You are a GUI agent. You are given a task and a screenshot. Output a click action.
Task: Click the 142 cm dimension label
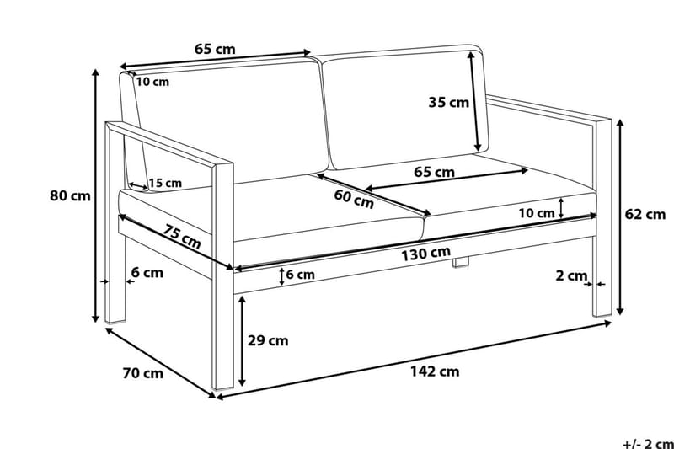pos(436,371)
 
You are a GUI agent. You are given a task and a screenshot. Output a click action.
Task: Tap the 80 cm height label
pos(70,196)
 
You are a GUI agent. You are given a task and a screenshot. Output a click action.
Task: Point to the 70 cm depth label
pos(142,372)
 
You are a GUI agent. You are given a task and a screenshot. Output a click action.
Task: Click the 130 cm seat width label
pos(425,253)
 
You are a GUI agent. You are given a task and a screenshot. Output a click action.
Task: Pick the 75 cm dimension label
pos(183,238)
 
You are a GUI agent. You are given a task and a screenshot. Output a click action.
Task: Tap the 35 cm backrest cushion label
pos(448,103)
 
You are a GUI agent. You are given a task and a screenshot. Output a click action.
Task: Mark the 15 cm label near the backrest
pos(166,183)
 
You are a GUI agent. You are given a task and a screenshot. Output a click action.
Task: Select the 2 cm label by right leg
pos(571,275)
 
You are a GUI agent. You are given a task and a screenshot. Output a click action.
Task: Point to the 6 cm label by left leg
pos(147,273)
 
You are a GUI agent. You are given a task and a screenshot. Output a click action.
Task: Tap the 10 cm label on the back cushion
pos(152,82)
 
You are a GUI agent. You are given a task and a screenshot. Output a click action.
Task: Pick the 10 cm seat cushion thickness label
pos(536,214)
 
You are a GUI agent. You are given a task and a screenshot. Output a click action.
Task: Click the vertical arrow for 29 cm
pos(242,340)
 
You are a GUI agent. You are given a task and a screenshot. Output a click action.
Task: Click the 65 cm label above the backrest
pos(215,48)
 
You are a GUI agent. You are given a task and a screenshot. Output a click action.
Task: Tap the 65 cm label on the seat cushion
pos(434,173)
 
